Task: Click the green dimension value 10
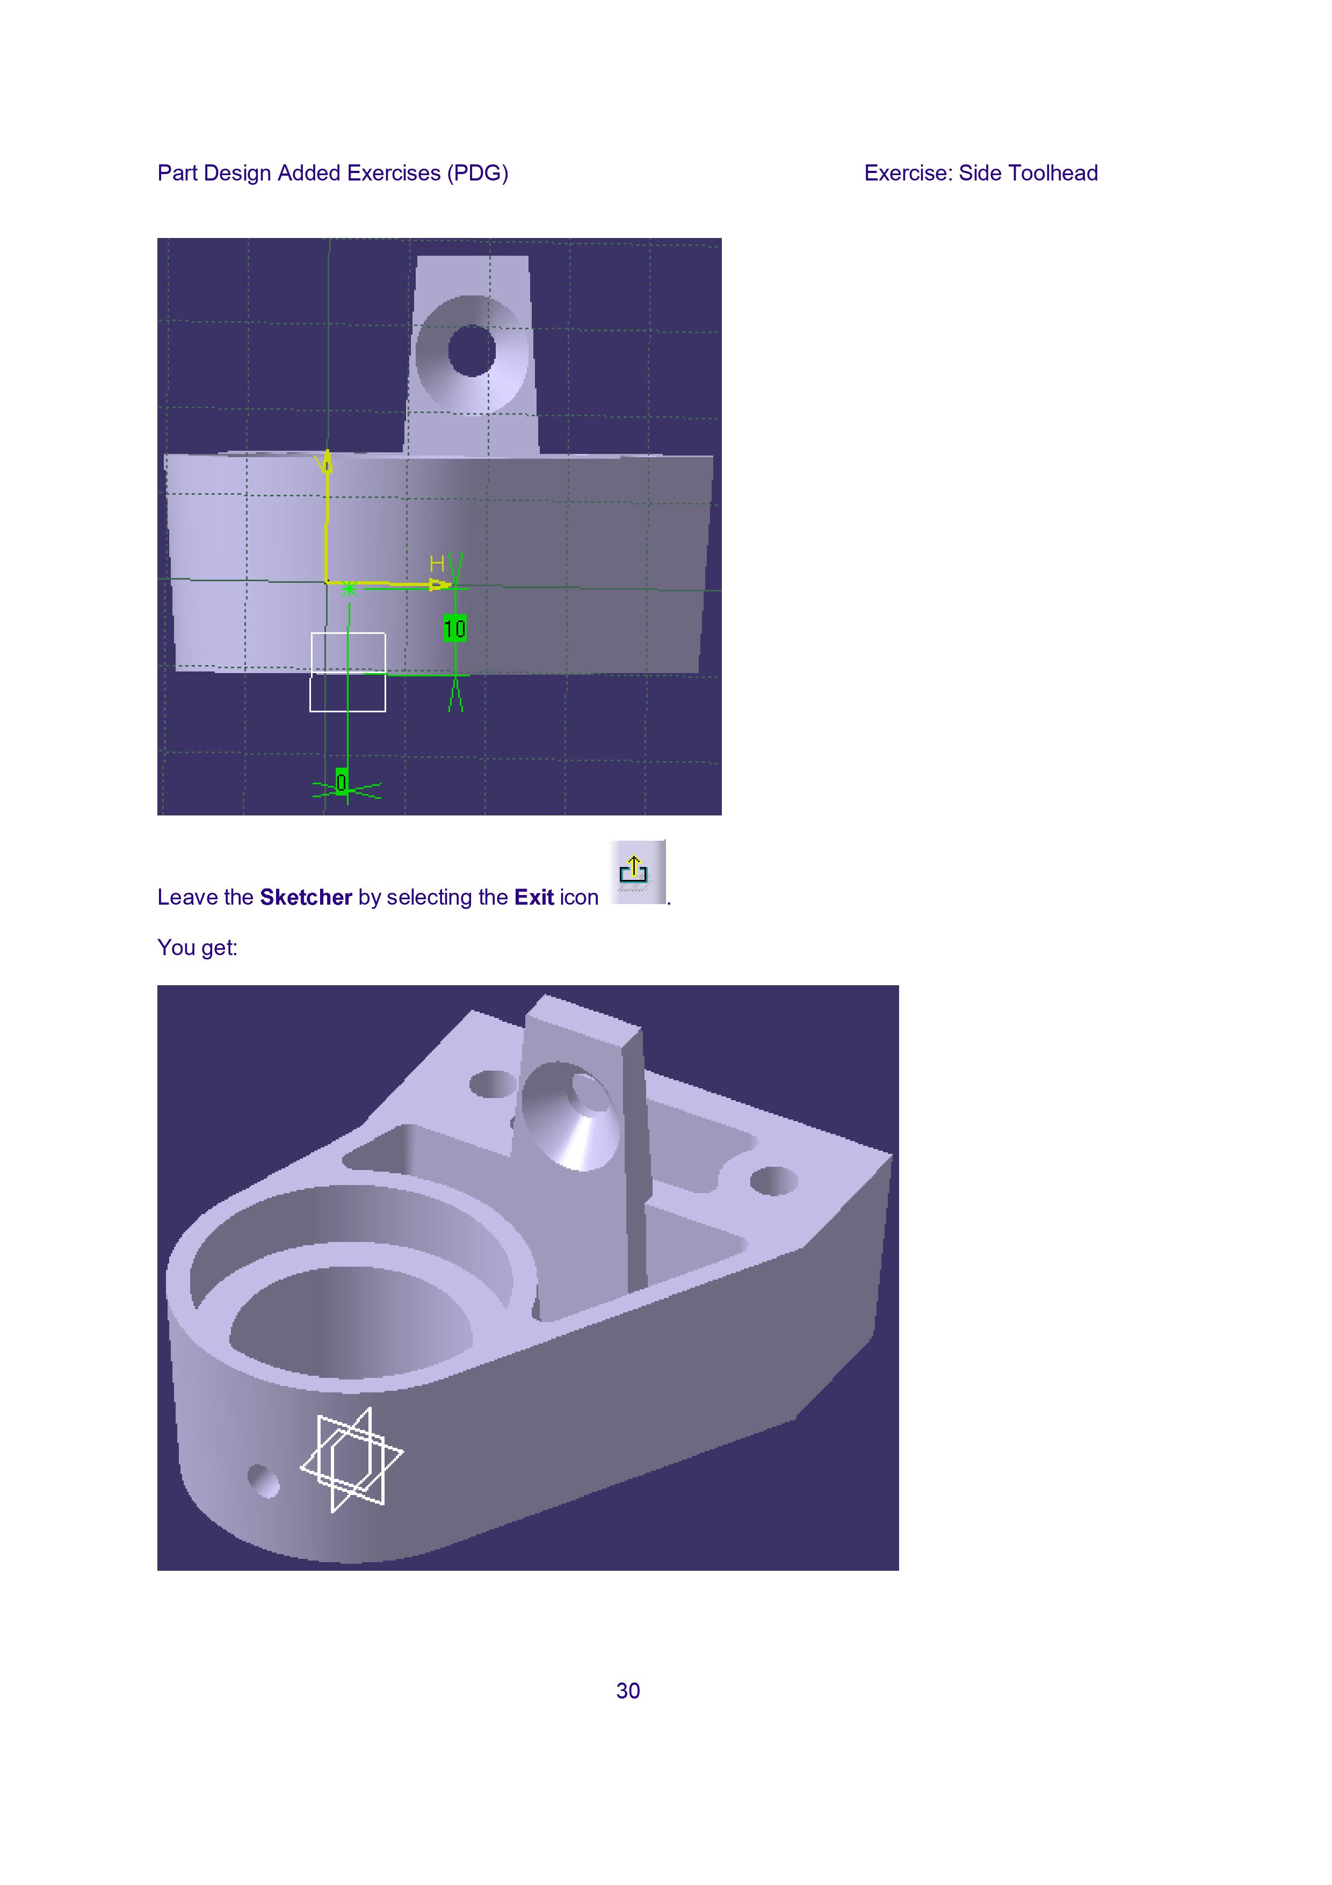tap(455, 629)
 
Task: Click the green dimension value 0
tap(342, 782)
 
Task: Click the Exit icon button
tap(637, 872)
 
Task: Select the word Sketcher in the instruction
tap(306, 897)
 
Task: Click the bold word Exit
tap(534, 897)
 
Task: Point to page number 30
tap(628, 1691)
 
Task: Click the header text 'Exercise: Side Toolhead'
tap(981, 173)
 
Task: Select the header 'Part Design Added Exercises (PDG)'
tap(333, 173)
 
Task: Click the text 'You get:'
tap(198, 948)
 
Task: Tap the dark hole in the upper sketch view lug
tap(472, 351)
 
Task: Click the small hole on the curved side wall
tap(263, 1481)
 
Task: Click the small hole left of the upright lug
tap(493, 1084)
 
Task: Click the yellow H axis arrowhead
tap(441, 586)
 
